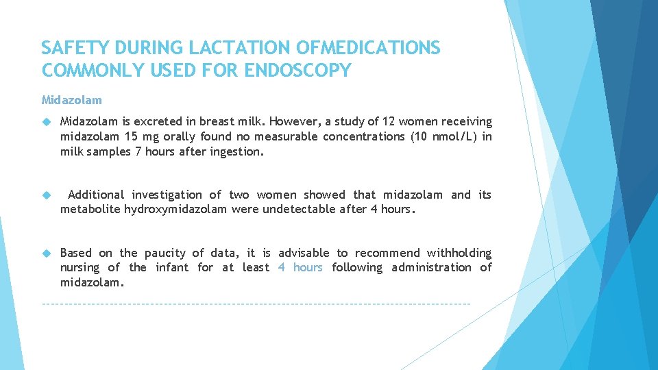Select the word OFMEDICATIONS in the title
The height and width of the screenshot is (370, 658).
click(x=369, y=48)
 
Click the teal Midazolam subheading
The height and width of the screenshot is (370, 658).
click(x=71, y=100)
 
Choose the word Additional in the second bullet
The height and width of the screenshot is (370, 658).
click(x=96, y=195)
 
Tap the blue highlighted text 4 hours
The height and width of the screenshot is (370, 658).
click(x=300, y=268)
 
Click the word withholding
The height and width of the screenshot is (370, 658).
click(x=459, y=254)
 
